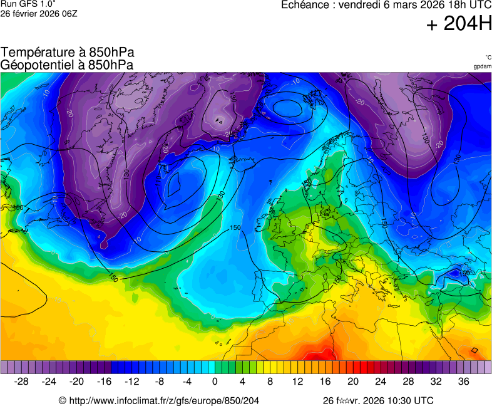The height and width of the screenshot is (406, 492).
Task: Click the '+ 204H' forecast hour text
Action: coord(459,24)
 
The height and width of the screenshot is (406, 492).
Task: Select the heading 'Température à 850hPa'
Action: coord(67,53)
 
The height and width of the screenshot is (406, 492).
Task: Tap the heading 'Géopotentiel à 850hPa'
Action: coord(67,65)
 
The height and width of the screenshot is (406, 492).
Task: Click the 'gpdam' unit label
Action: coord(482,66)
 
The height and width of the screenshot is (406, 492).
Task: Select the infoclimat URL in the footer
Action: coord(159,400)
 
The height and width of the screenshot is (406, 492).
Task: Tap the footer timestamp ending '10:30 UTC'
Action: coord(377,400)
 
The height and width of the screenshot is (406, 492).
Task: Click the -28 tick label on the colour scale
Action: coord(21,381)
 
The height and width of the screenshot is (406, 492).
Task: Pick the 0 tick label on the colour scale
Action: coord(215,381)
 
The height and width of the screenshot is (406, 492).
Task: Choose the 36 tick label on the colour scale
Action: coord(463,381)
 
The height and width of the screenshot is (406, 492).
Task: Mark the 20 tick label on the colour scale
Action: coord(352,381)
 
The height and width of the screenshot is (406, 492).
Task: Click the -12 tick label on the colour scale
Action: coord(132,381)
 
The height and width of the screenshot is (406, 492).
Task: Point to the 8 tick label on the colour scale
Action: coord(270,381)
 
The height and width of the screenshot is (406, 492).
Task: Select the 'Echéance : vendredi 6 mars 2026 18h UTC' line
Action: coord(386,4)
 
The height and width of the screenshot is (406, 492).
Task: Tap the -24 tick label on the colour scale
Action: coord(49,381)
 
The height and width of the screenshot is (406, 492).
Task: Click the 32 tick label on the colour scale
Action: coord(436,381)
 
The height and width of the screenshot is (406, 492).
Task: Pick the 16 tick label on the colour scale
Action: coord(325,381)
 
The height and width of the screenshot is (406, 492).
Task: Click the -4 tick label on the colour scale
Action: coord(187,381)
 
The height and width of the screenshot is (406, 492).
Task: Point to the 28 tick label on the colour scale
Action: coord(408,381)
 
